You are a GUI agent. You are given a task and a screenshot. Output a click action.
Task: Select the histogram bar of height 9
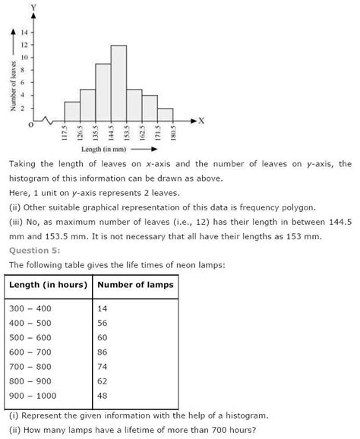pos(103,92)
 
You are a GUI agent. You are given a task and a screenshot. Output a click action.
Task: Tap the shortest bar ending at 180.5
pos(166,113)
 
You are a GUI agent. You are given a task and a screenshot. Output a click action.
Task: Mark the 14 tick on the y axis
pos(25,32)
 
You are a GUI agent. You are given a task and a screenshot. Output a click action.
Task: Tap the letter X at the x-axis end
pos(201,120)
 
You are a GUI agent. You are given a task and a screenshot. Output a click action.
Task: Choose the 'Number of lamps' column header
pos(136,285)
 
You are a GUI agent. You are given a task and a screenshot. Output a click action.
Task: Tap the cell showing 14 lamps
pos(104,309)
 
